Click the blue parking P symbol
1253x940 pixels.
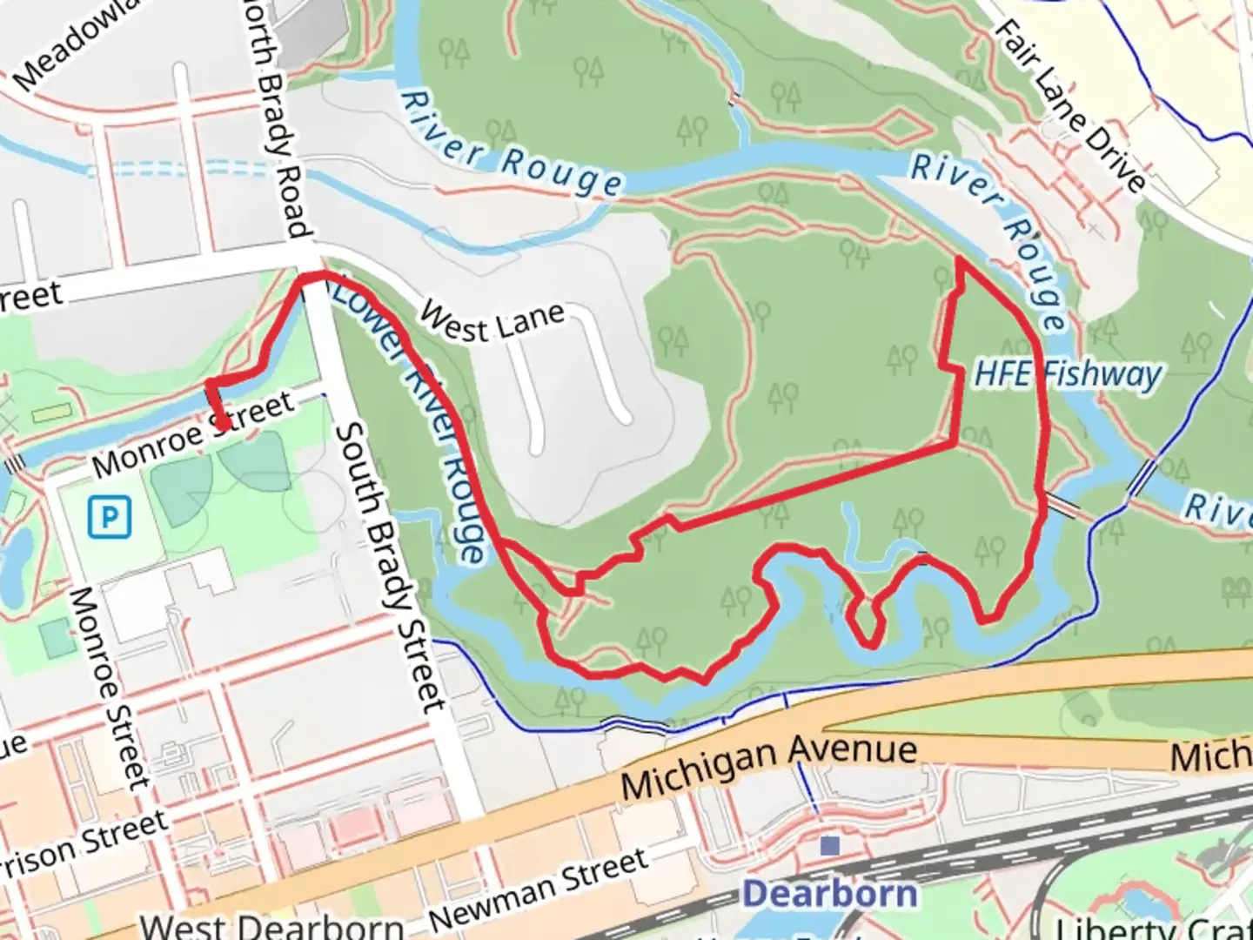click(110, 518)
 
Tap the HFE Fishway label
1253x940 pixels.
click(1068, 374)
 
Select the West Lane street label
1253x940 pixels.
click(492, 321)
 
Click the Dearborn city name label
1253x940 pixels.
click(830, 894)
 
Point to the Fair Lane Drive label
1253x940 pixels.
click(1069, 105)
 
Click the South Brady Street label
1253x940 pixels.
click(391, 566)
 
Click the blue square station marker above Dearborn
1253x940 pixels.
click(830, 845)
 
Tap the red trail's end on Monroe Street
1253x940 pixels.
click(224, 426)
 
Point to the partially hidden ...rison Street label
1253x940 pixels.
click(83, 844)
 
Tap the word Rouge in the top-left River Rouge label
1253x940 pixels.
click(561, 173)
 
